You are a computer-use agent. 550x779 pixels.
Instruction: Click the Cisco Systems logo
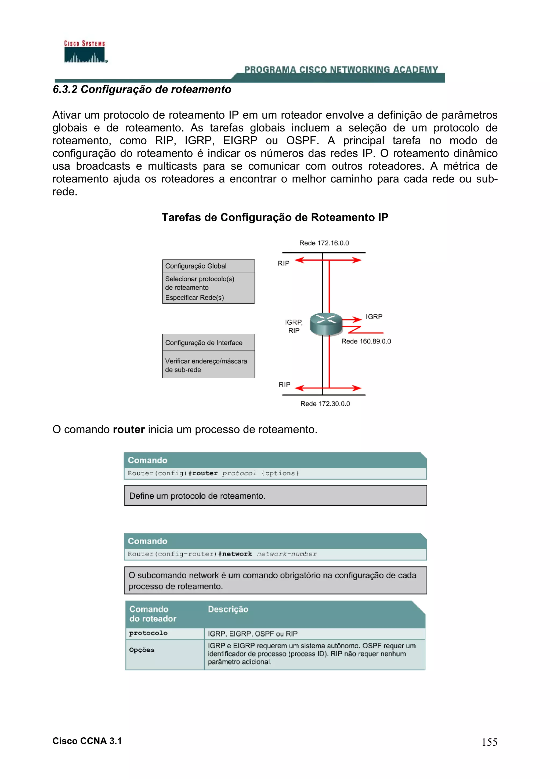(x=85, y=52)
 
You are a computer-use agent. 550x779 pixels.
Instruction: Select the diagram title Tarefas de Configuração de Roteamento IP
(x=274, y=217)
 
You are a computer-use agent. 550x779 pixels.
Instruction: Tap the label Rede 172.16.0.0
(x=324, y=243)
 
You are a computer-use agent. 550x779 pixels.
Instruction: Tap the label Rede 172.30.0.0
(x=325, y=403)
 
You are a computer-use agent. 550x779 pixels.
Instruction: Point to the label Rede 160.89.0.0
(x=366, y=341)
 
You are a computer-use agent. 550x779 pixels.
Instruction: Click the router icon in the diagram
(x=326, y=324)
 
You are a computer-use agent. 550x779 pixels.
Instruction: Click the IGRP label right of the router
(x=374, y=317)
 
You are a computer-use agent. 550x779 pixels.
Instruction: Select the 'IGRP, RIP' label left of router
(x=294, y=326)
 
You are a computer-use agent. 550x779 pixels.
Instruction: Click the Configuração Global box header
(x=196, y=266)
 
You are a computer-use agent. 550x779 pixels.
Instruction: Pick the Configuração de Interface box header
(x=204, y=343)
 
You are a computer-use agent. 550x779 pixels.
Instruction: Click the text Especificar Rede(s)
(x=194, y=298)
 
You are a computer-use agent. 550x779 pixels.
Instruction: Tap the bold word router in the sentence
(x=129, y=430)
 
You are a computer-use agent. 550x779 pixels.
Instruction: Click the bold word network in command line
(x=237, y=554)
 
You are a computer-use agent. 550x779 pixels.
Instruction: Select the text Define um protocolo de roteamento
(x=197, y=496)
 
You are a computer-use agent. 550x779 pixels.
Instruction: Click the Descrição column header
(x=228, y=609)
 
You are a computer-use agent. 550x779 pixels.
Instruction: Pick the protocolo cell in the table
(x=148, y=633)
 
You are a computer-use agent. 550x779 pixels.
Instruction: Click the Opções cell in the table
(x=142, y=650)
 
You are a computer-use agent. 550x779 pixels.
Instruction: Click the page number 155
(x=489, y=742)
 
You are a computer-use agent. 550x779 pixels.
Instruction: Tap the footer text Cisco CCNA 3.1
(x=87, y=741)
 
